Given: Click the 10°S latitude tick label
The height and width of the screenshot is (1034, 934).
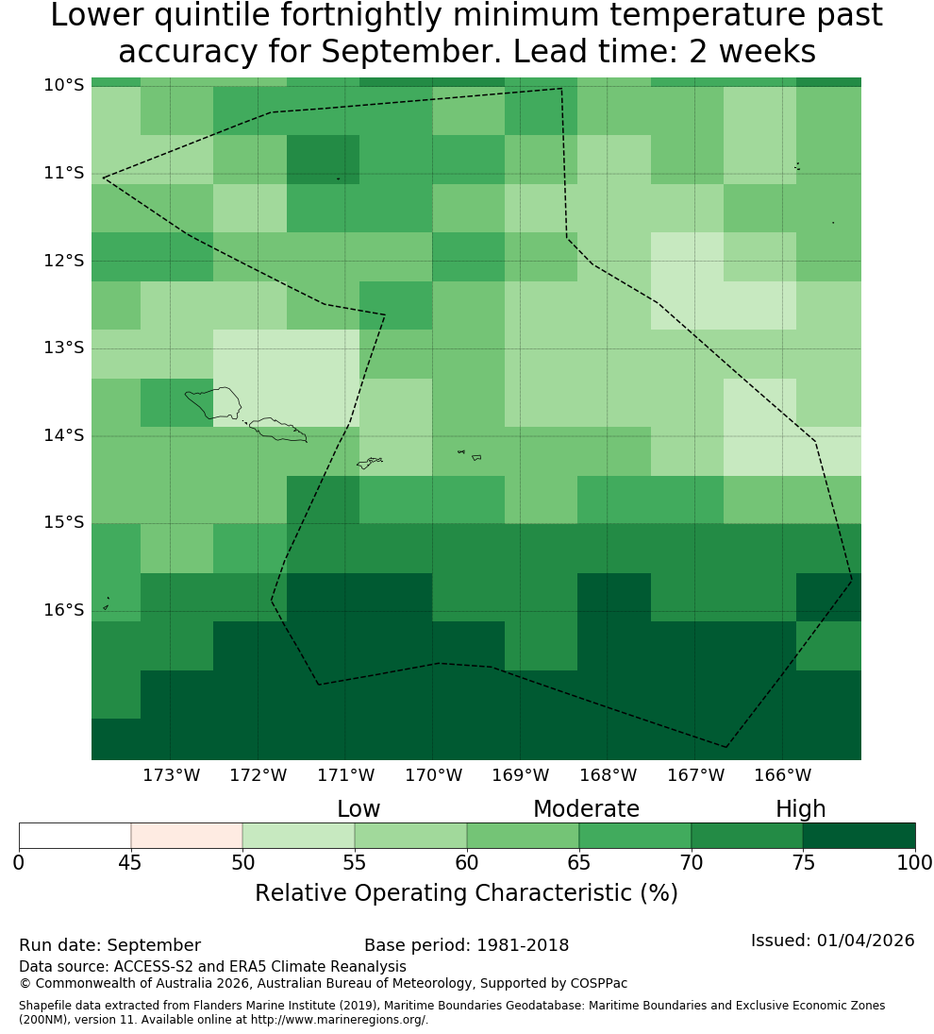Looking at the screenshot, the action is pyautogui.click(x=64, y=85).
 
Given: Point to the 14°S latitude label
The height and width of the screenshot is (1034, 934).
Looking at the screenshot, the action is pyautogui.click(x=64, y=435).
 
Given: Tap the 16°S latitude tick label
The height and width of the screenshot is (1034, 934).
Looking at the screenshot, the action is pyautogui.click(x=64, y=610).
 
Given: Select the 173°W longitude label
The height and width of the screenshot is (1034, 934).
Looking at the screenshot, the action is pyautogui.click(x=172, y=775).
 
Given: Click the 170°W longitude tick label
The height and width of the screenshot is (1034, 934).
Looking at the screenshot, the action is pyautogui.click(x=433, y=775).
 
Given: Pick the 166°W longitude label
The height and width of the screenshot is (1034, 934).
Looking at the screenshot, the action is pyautogui.click(x=782, y=775).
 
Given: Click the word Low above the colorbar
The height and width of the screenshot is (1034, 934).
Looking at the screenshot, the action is pyautogui.click(x=359, y=809).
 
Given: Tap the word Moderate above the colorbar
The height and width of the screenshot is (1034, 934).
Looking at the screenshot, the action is pyautogui.click(x=586, y=809).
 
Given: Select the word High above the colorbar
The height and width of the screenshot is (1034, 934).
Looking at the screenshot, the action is pyautogui.click(x=800, y=809).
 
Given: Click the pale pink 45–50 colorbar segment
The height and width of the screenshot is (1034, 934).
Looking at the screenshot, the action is pyautogui.click(x=187, y=836).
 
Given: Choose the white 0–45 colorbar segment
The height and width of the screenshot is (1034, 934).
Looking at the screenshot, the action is pyautogui.click(x=75, y=836).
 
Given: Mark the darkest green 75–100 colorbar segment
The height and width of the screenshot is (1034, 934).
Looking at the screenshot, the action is pyautogui.click(x=859, y=836).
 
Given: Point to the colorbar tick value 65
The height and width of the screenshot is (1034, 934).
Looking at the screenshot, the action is pyautogui.click(x=579, y=862).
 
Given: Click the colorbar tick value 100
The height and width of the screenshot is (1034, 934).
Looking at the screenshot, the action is pyautogui.click(x=915, y=862).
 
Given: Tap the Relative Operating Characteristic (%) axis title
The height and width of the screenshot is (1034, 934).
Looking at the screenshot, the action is pyautogui.click(x=466, y=893).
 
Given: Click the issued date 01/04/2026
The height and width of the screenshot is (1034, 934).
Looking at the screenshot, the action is pyautogui.click(x=865, y=941).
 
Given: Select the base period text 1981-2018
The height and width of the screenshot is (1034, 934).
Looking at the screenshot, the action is pyautogui.click(x=523, y=945).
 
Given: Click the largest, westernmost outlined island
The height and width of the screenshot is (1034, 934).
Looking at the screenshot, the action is pyautogui.click(x=213, y=402).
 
